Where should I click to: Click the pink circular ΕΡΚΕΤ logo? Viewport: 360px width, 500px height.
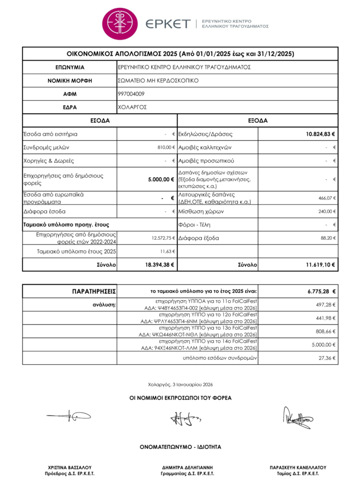tap(120, 23)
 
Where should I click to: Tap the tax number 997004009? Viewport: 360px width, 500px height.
tap(131, 94)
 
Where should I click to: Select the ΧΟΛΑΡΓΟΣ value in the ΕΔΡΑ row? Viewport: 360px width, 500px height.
tap(132, 107)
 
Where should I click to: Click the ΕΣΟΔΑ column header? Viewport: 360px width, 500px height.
tap(100, 120)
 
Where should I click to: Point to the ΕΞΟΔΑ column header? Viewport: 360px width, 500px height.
tap(258, 120)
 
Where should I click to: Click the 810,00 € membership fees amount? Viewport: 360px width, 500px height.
tap(166, 147)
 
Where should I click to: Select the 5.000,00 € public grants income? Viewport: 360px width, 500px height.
tap(161, 179)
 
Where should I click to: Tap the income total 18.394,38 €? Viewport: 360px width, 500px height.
tap(158, 264)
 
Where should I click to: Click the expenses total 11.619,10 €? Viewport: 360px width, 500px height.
tap(320, 264)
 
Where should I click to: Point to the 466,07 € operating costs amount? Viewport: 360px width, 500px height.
tap(327, 198)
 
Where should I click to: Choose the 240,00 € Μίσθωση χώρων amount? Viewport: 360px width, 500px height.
tap(327, 211)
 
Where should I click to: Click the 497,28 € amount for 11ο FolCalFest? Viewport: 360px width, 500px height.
tap(327, 305)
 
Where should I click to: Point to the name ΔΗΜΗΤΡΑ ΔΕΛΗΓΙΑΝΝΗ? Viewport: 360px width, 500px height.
tap(187, 467)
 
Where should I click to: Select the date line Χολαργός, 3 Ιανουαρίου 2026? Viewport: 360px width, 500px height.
tap(180, 384)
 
